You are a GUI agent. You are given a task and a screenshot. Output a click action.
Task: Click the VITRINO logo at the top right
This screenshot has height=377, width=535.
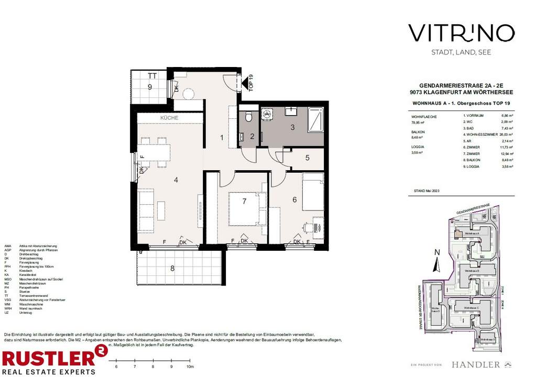click(461, 33)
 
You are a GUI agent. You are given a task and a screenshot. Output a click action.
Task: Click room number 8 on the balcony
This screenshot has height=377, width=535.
click(172, 269)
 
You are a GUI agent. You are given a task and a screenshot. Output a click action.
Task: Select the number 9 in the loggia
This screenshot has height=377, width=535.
click(149, 87)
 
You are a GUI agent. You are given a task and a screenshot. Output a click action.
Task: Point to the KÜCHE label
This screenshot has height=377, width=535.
click(169, 118)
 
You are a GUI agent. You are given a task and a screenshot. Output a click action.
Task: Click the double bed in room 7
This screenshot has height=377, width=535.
click(244, 209)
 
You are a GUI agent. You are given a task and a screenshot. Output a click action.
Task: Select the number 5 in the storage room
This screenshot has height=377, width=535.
click(308, 158)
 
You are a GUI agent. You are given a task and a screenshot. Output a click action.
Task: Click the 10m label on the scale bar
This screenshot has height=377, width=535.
click(190, 367)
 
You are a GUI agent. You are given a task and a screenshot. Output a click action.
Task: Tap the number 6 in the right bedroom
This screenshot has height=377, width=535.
click(294, 200)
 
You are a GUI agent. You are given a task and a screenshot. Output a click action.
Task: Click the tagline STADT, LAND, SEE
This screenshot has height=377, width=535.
click(461, 52)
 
